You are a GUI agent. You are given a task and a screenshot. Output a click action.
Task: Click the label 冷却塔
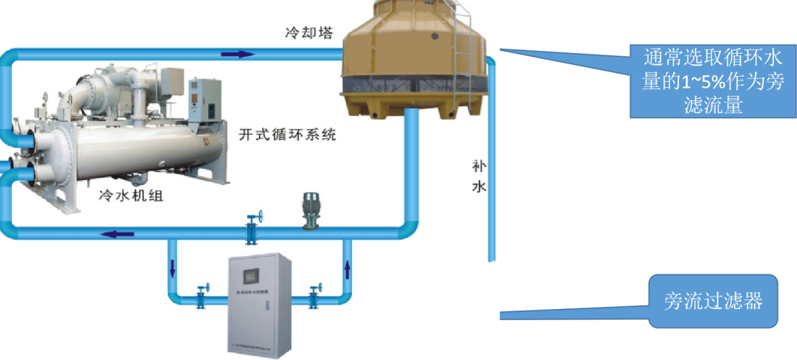(309, 34)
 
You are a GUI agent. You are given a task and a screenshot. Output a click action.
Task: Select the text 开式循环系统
(287, 135)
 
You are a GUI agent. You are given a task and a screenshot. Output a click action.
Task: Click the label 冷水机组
(131, 195)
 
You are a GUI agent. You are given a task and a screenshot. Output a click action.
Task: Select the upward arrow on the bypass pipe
(347, 268)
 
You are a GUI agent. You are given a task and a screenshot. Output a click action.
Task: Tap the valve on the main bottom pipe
(252, 228)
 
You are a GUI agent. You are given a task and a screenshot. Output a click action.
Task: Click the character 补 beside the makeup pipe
(479, 165)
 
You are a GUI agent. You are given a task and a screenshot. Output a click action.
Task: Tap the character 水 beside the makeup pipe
(479, 187)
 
